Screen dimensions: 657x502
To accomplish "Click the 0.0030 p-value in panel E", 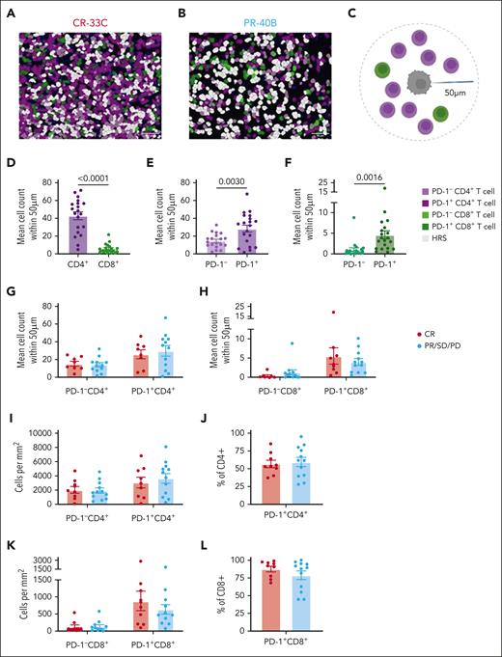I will (236, 181).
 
